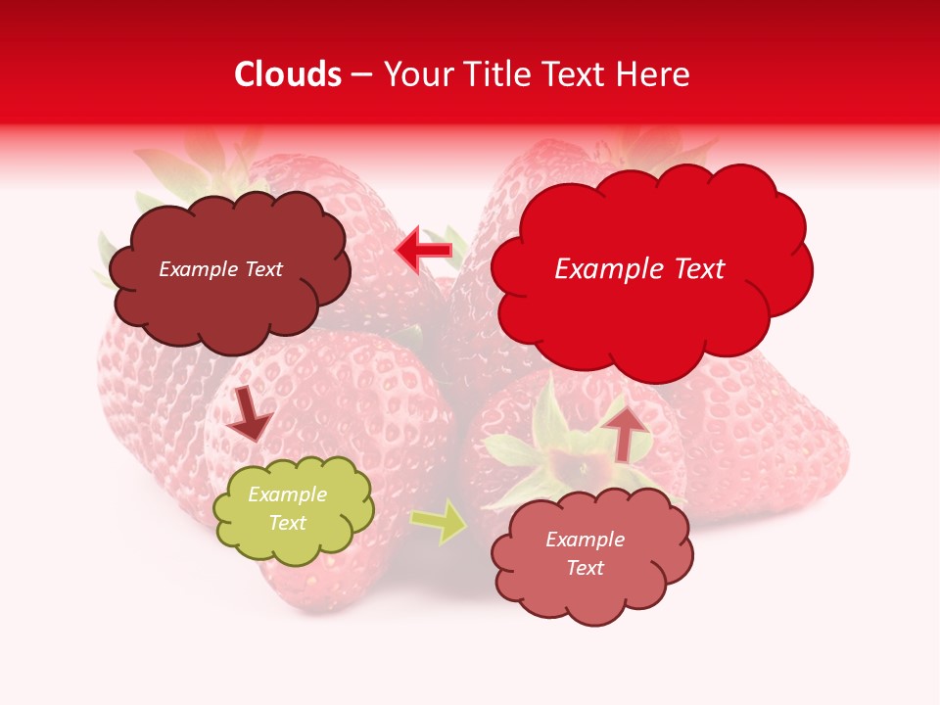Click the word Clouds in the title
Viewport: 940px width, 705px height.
point(288,74)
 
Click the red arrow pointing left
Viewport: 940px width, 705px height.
point(422,251)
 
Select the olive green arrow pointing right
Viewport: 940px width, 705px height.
point(439,523)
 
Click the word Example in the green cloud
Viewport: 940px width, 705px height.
point(287,495)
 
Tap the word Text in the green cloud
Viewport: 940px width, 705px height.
point(287,524)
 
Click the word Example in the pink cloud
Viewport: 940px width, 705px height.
point(585,540)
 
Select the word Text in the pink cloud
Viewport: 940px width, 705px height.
point(585,569)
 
